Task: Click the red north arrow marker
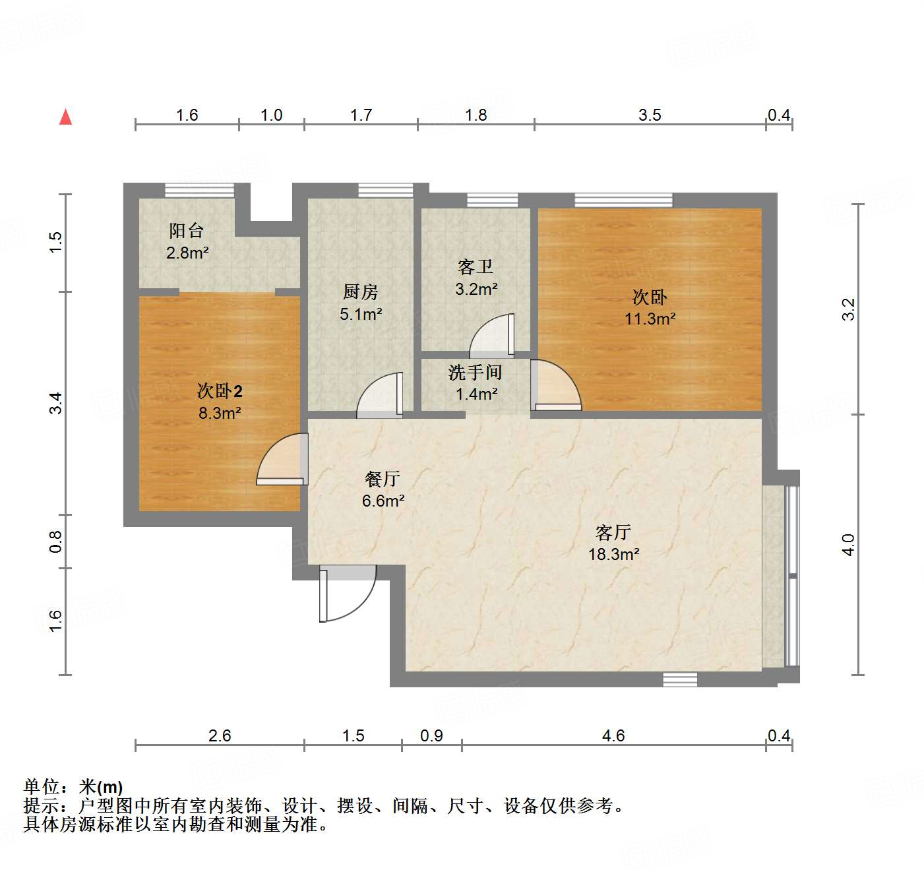click(65, 117)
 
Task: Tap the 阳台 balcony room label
click(187, 231)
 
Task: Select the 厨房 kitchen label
click(361, 292)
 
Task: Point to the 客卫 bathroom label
click(476, 267)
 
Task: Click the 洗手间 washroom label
click(476, 373)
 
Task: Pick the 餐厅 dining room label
click(383, 479)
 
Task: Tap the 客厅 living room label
click(613, 532)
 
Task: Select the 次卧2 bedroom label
click(220, 391)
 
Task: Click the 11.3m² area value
click(650, 319)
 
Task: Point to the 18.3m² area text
click(613, 554)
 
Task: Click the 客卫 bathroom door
click(492, 336)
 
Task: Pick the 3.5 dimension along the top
click(650, 115)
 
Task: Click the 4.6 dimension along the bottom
click(613, 735)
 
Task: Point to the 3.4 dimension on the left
click(56, 403)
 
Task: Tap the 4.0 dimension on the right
click(849, 544)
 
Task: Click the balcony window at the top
click(199, 191)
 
